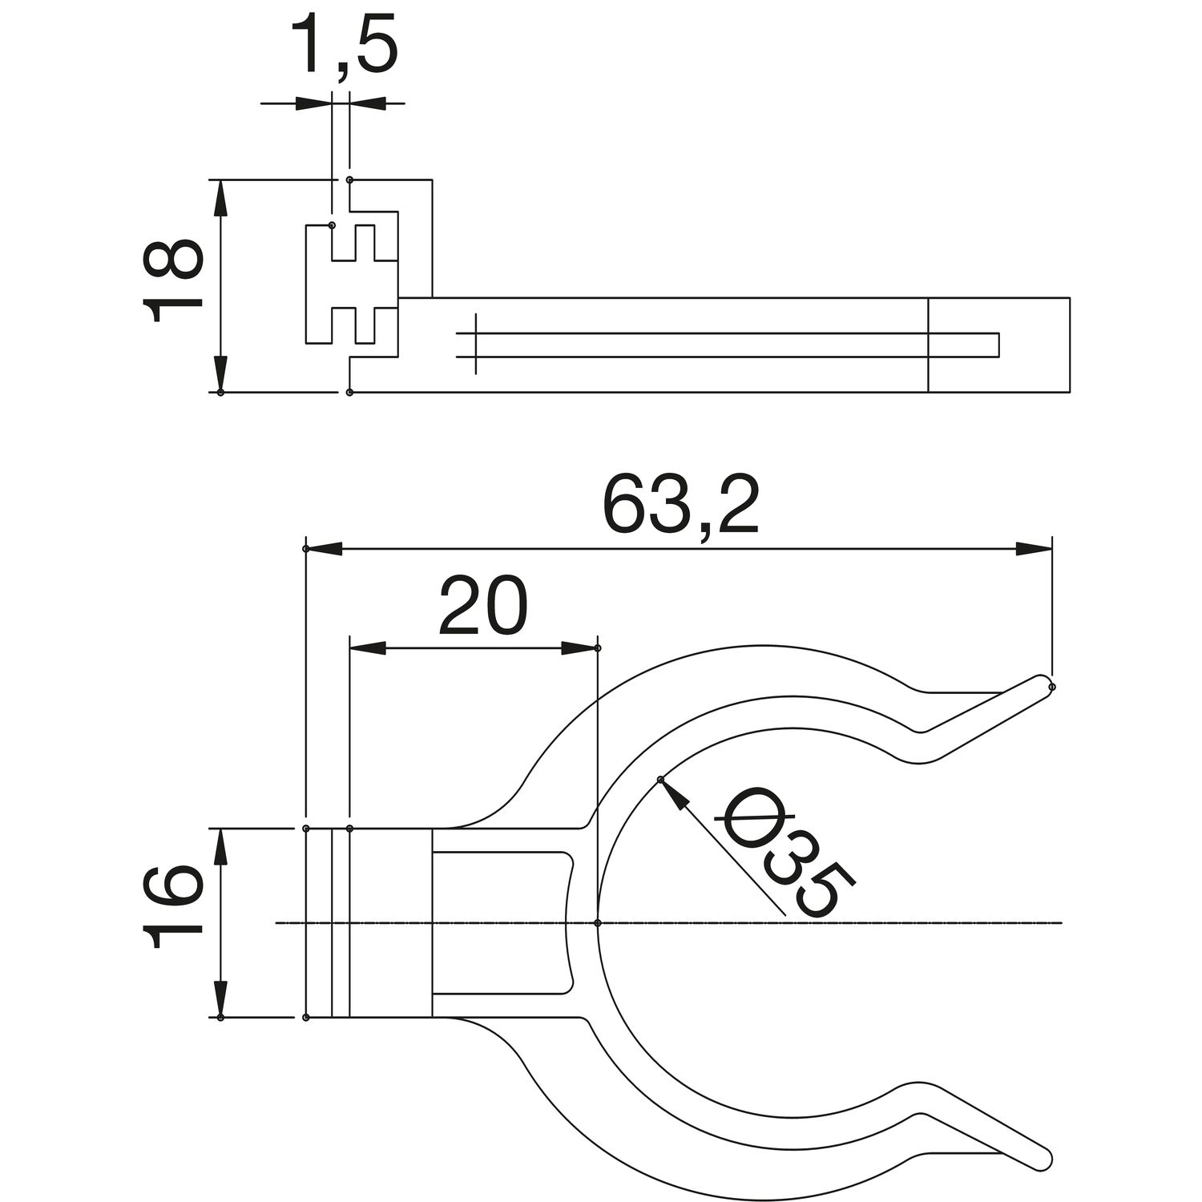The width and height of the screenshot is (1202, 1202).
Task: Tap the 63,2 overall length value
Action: [x=680, y=506]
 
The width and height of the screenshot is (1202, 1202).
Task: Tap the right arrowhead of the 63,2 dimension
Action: [x=1035, y=549]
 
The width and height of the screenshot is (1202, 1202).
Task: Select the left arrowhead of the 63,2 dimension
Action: [x=324, y=549]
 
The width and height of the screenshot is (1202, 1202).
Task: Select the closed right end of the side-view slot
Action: [x=998, y=344]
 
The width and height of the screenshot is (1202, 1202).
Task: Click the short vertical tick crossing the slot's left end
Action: [x=476, y=344]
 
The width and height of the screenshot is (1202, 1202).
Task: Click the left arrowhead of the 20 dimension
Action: [x=368, y=647]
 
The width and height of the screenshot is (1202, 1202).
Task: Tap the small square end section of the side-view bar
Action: [x=998, y=345]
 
